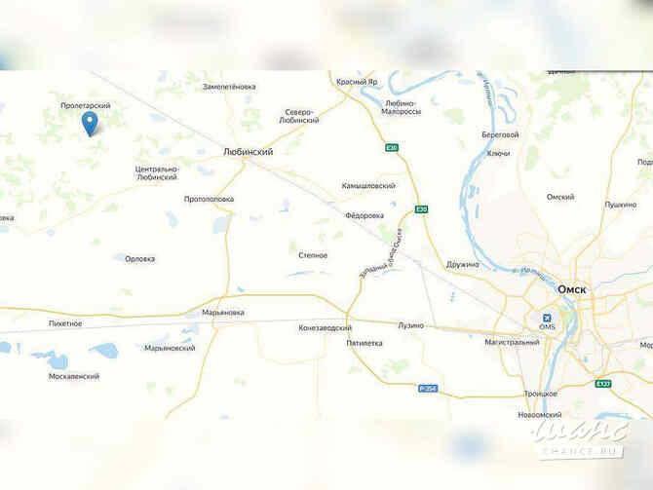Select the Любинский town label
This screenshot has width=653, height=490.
tap(248, 153)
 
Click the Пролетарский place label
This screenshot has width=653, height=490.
tap(85, 105)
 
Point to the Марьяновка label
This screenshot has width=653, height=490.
tap(222, 313)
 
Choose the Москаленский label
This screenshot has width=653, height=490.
tap(73, 376)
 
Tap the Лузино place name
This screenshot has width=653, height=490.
tap(410, 325)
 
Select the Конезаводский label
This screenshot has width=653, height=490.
tap(326, 328)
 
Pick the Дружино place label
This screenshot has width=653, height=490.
tap(463, 264)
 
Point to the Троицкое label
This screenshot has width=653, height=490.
tap(540, 393)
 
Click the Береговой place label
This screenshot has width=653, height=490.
tap(500, 134)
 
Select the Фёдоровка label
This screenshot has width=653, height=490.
tap(365, 215)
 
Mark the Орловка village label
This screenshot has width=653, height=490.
tap(140, 258)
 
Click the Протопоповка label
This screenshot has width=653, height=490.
tap(210, 199)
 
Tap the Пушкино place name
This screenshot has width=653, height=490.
tap(621, 205)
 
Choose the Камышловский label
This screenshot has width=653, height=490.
tap(368, 185)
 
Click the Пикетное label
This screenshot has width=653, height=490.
tap(64, 322)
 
